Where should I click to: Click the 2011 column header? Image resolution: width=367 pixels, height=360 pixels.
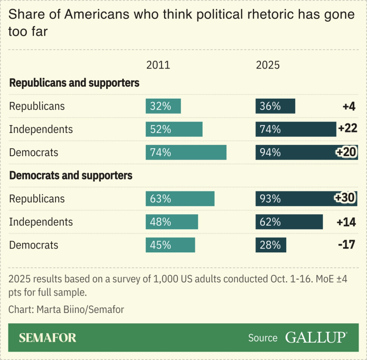158,65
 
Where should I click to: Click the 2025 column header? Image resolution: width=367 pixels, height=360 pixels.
268,65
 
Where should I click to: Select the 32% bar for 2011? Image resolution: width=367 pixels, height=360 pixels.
163,106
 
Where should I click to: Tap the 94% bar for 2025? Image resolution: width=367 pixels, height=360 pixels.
306,152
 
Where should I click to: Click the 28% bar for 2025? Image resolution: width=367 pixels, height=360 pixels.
271,245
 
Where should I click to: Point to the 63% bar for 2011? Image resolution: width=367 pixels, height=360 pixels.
180,199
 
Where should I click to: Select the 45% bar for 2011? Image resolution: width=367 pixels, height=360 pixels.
170,245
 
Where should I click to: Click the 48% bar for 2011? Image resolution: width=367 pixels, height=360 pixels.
172,222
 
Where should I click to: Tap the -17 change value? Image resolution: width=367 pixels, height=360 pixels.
346,245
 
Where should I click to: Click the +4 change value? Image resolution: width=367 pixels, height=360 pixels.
349,106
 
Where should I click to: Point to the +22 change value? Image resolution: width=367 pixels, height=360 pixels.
347,129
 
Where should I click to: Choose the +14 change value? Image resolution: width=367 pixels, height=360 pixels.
346,222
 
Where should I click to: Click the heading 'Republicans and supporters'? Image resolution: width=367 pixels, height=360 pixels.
74,83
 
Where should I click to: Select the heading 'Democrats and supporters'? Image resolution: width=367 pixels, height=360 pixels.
71,176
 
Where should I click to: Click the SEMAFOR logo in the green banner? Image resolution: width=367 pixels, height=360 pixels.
48,338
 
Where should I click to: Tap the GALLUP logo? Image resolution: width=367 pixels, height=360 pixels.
316,338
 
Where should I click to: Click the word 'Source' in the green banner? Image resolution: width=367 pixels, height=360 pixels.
263,338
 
